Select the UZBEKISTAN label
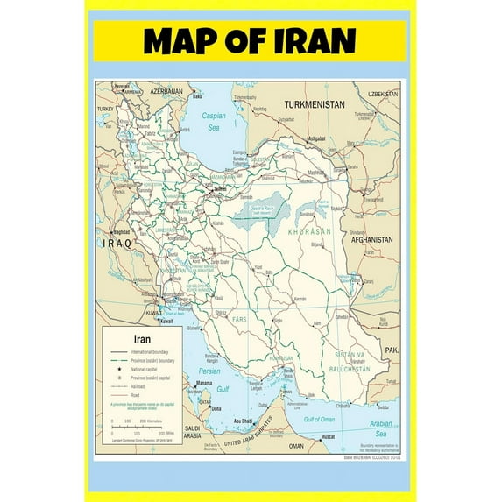[383, 93]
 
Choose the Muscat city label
[327, 436]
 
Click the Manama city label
[204, 384]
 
